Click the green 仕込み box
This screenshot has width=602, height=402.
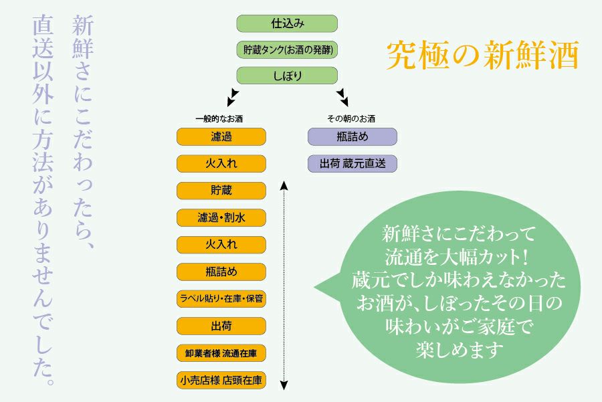click(x=287, y=23)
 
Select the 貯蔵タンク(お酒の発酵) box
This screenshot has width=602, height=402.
click(x=287, y=49)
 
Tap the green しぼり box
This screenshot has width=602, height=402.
click(x=287, y=76)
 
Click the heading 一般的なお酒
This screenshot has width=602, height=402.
click(x=219, y=118)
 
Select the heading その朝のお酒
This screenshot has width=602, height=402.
click(x=351, y=118)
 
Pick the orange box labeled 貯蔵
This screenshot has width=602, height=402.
click(x=221, y=191)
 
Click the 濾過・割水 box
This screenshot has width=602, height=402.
click(x=221, y=218)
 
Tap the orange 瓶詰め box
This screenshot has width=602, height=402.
click(x=221, y=272)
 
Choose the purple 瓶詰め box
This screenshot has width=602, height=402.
click(x=353, y=136)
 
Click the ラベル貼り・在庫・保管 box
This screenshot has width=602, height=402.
click(x=221, y=299)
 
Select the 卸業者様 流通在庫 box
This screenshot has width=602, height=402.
click(x=221, y=353)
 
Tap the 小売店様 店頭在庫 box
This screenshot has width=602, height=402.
click(x=221, y=381)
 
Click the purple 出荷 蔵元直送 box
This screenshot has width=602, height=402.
click(x=353, y=163)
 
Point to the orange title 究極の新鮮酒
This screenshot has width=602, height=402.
click(x=482, y=56)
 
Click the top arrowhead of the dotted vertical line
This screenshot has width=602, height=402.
click(x=284, y=184)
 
